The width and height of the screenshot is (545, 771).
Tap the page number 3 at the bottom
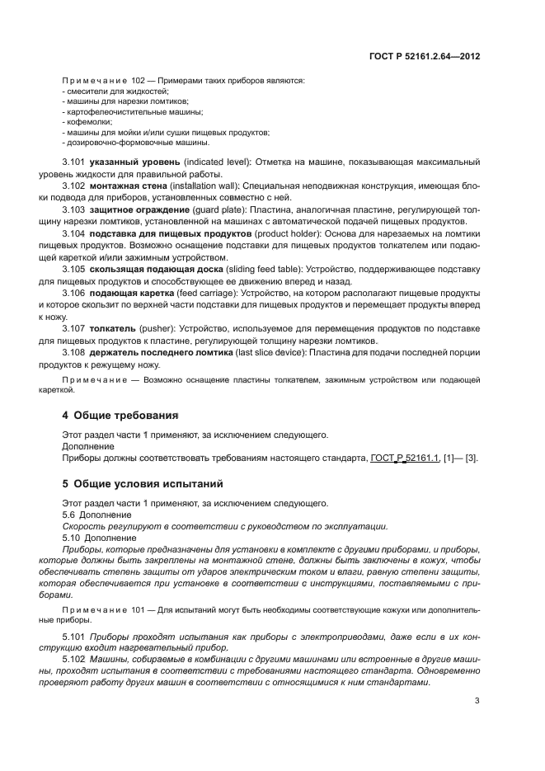tap(477, 702)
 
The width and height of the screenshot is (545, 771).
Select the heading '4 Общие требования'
tap(120, 415)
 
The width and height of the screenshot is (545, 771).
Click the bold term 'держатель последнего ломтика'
tap(165, 353)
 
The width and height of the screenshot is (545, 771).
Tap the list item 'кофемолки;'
tap(87, 121)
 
